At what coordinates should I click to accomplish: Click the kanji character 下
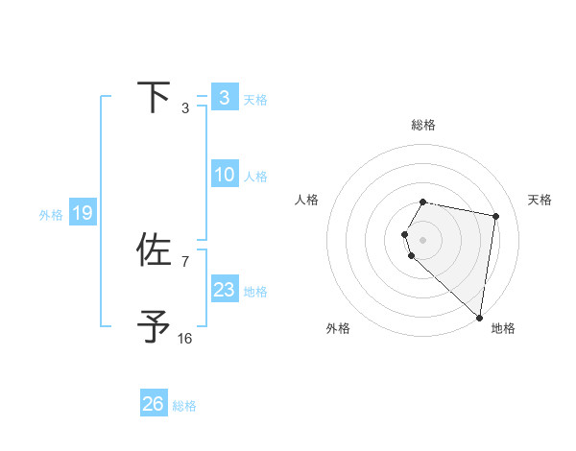point(155,97)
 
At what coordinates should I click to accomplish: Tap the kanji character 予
point(155,326)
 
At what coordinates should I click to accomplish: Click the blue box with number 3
point(224,97)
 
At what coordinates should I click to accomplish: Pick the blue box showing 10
point(224,175)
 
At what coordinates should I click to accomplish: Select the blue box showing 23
point(224,290)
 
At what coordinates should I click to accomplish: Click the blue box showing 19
point(82,213)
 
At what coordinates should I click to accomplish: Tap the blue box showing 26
point(154,404)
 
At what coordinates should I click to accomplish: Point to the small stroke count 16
point(185,338)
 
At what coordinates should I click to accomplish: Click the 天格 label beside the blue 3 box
point(255,99)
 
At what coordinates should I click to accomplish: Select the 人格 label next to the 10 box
point(255,177)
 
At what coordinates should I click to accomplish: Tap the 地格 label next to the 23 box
point(255,292)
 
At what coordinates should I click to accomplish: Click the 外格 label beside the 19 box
point(51,215)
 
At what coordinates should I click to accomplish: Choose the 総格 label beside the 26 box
point(184,406)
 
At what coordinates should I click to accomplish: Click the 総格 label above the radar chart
point(423,125)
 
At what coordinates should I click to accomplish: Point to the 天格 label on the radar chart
point(540,200)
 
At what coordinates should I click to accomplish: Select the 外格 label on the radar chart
point(337,328)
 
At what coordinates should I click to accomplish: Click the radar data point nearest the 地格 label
point(479,317)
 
